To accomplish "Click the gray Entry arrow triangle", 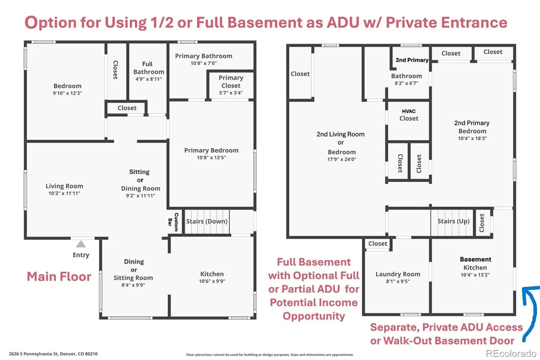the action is pos(81,244).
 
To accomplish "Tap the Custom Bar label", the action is pos(173,222).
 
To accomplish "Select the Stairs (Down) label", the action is pos(207,221).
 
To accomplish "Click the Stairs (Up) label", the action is pos(454,221).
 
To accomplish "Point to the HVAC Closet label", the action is pos(409,115).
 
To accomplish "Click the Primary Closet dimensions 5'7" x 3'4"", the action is pos(231,93).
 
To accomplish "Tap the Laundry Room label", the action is pos(398,274).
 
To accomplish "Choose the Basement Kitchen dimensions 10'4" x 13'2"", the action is pos(475,275).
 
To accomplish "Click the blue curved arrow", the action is pos(530,311).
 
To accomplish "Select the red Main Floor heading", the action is pos(59,277).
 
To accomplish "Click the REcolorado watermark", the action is pos(511,354).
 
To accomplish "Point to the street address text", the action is pos(53,354).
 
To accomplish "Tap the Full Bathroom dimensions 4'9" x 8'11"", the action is pos(148,79).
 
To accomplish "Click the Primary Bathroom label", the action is pos(204,56).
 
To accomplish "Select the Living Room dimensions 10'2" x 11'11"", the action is pos(64,193).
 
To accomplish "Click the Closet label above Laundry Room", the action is pos(378,243).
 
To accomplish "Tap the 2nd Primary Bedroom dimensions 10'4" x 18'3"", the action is pos(472,138).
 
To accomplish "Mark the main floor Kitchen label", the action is pos(212,274).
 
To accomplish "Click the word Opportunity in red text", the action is pos(314,316).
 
